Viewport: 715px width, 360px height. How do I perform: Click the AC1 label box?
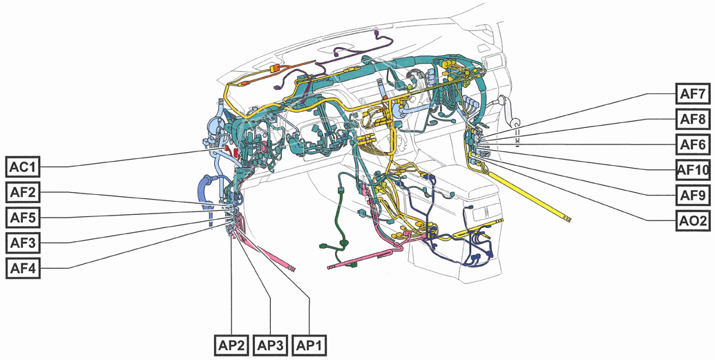click(x=23, y=167)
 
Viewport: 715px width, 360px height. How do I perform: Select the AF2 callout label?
click(x=23, y=192)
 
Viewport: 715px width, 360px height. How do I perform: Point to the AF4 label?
click(x=23, y=267)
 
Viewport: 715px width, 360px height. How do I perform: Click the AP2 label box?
click(x=231, y=345)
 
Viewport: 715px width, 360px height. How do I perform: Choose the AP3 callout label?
click(x=271, y=345)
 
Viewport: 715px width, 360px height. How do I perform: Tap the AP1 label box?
click(x=310, y=345)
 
